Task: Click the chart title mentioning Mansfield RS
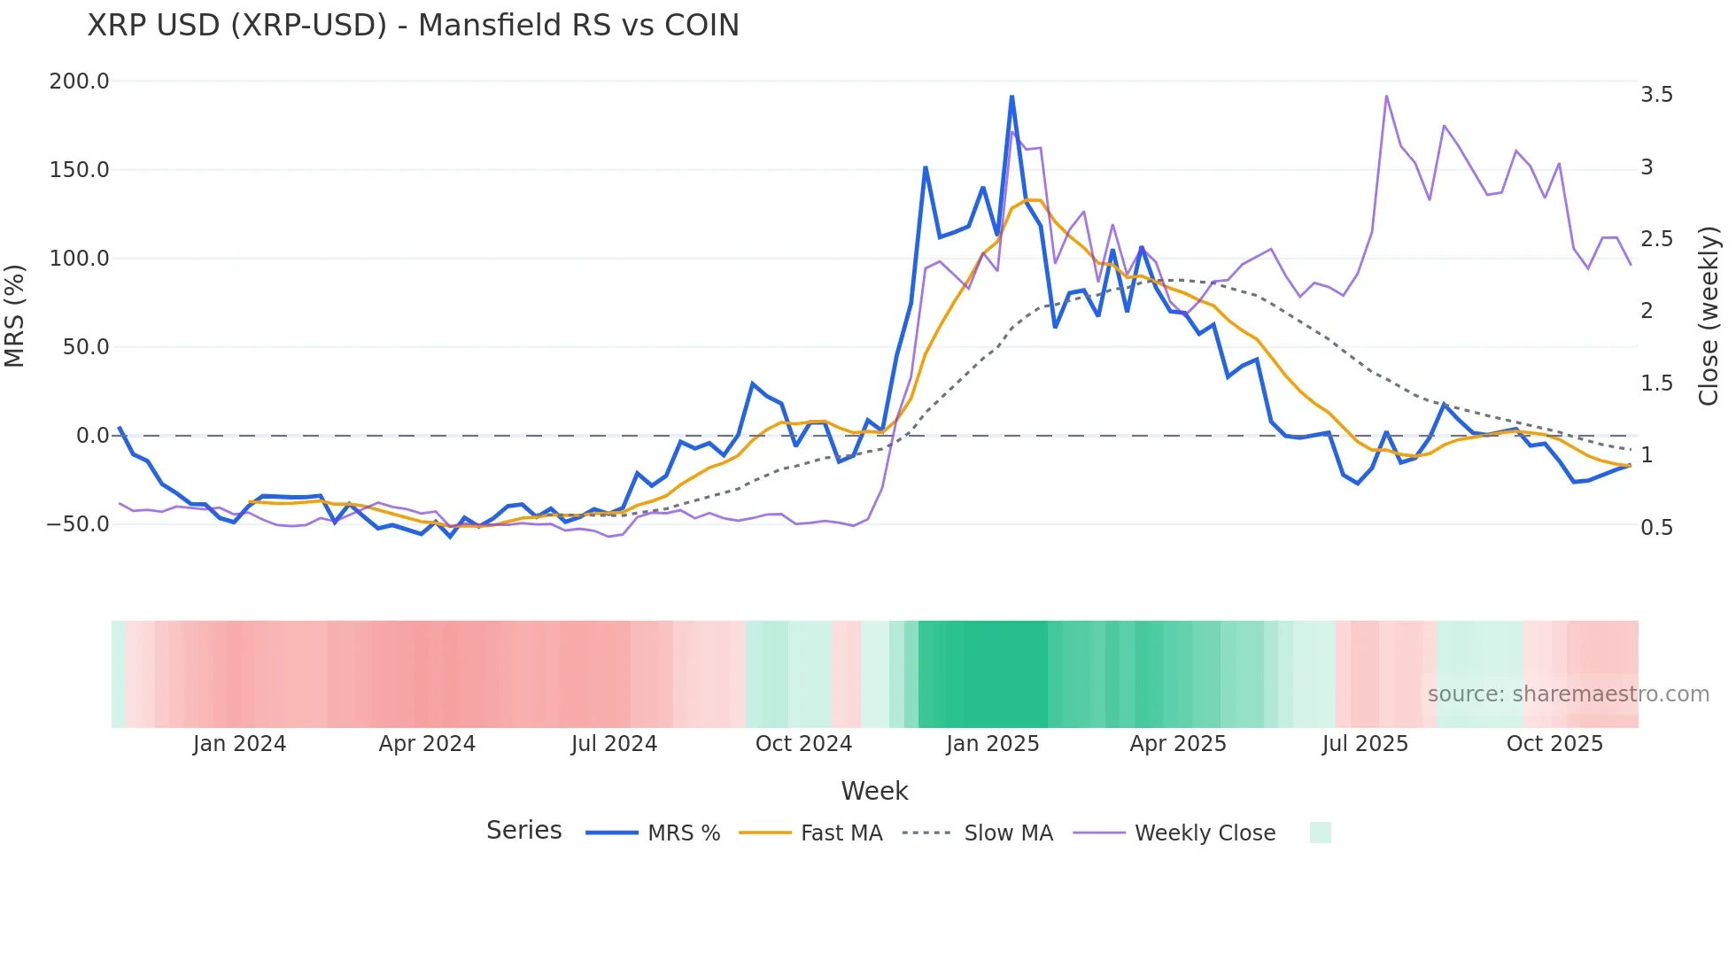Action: pos(413,26)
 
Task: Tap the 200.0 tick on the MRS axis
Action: pos(79,81)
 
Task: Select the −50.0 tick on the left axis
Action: pos(78,524)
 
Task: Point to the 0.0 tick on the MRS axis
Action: pos(92,436)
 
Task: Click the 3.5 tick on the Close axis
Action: pos(1656,95)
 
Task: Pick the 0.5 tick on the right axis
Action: pos(1656,528)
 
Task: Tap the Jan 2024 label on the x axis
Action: pos(239,744)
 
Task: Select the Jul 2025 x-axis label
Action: pos(1365,744)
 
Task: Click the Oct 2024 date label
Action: pos(803,744)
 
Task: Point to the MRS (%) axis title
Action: pos(15,315)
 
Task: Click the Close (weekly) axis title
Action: pos(1709,315)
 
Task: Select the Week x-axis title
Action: pos(874,791)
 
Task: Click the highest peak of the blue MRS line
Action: pos(1011,97)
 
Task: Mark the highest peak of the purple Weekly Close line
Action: pos(1386,97)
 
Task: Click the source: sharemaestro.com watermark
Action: pos(1568,694)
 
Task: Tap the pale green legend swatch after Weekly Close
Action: pos(1320,833)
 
